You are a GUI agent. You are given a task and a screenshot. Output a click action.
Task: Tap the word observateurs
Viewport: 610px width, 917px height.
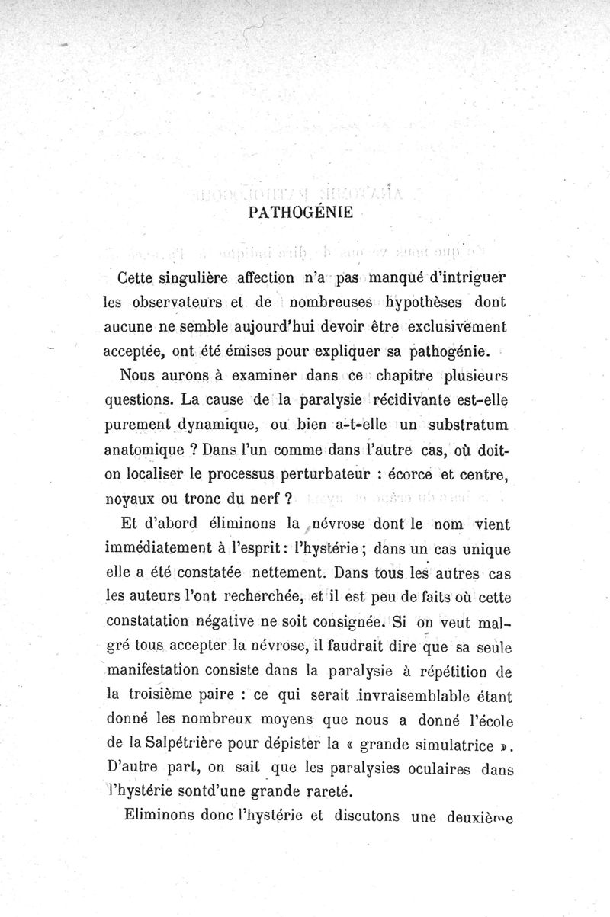click(x=162, y=301)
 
